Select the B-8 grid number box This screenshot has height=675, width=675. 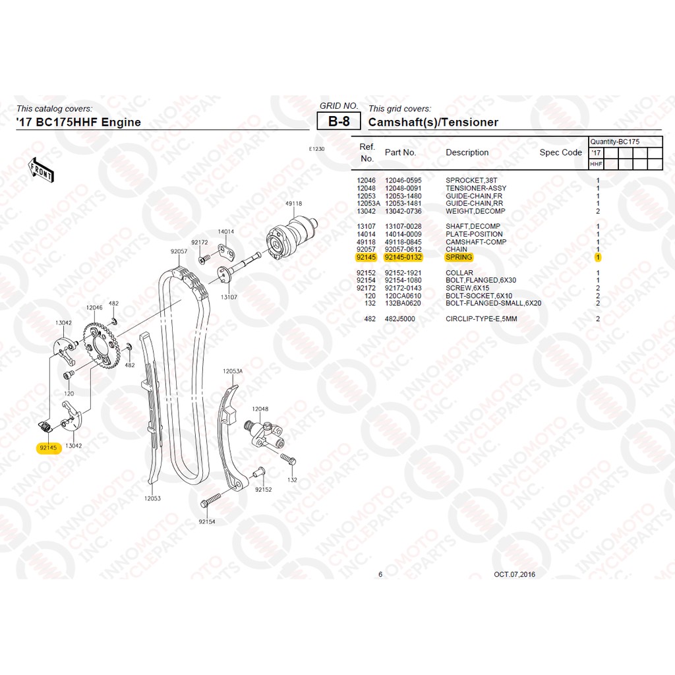[x=339, y=122]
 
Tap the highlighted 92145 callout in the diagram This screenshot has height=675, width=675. [x=48, y=447]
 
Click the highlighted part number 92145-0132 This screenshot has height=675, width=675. [x=403, y=257]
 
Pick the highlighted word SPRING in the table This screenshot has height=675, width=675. [x=459, y=257]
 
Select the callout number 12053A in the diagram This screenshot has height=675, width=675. [x=232, y=371]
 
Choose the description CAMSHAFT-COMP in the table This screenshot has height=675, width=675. [x=476, y=242]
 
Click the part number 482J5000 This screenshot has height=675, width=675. [x=400, y=319]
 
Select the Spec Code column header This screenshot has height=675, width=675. [x=560, y=152]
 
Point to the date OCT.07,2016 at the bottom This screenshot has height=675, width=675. [x=515, y=574]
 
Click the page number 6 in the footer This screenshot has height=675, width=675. [x=380, y=574]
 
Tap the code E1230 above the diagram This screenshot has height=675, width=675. [x=316, y=149]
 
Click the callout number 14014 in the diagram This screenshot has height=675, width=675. [x=226, y=231]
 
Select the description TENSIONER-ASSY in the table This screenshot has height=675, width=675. [x=476, y=188]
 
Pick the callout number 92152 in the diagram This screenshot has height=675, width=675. [x=263, y=489]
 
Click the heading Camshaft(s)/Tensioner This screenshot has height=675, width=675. [x=433, y=122]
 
